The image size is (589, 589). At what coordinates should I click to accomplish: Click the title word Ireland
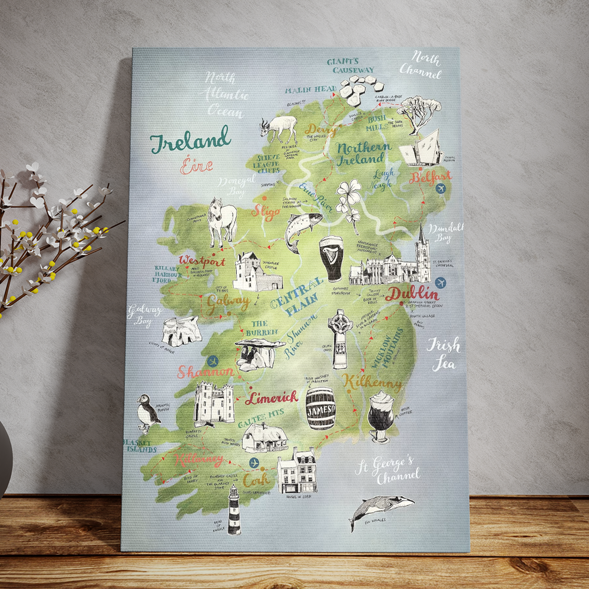[x=190, y=141]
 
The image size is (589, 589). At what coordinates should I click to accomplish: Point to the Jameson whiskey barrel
[x=320, y=408]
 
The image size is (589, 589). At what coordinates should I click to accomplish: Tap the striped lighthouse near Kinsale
[x=234, y=510]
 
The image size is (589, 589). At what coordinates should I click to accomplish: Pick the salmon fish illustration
[x=301, y=229]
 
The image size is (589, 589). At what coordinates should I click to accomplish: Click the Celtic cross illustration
[x=340, y=339]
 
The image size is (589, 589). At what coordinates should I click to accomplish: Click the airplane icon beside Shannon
[x=213, y=361]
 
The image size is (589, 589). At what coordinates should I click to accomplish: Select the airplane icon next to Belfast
[x=441, y=188]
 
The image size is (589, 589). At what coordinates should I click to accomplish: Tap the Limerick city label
[x=272, y=398]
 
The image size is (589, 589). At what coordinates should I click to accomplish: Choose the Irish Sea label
[x=443, y=354]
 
